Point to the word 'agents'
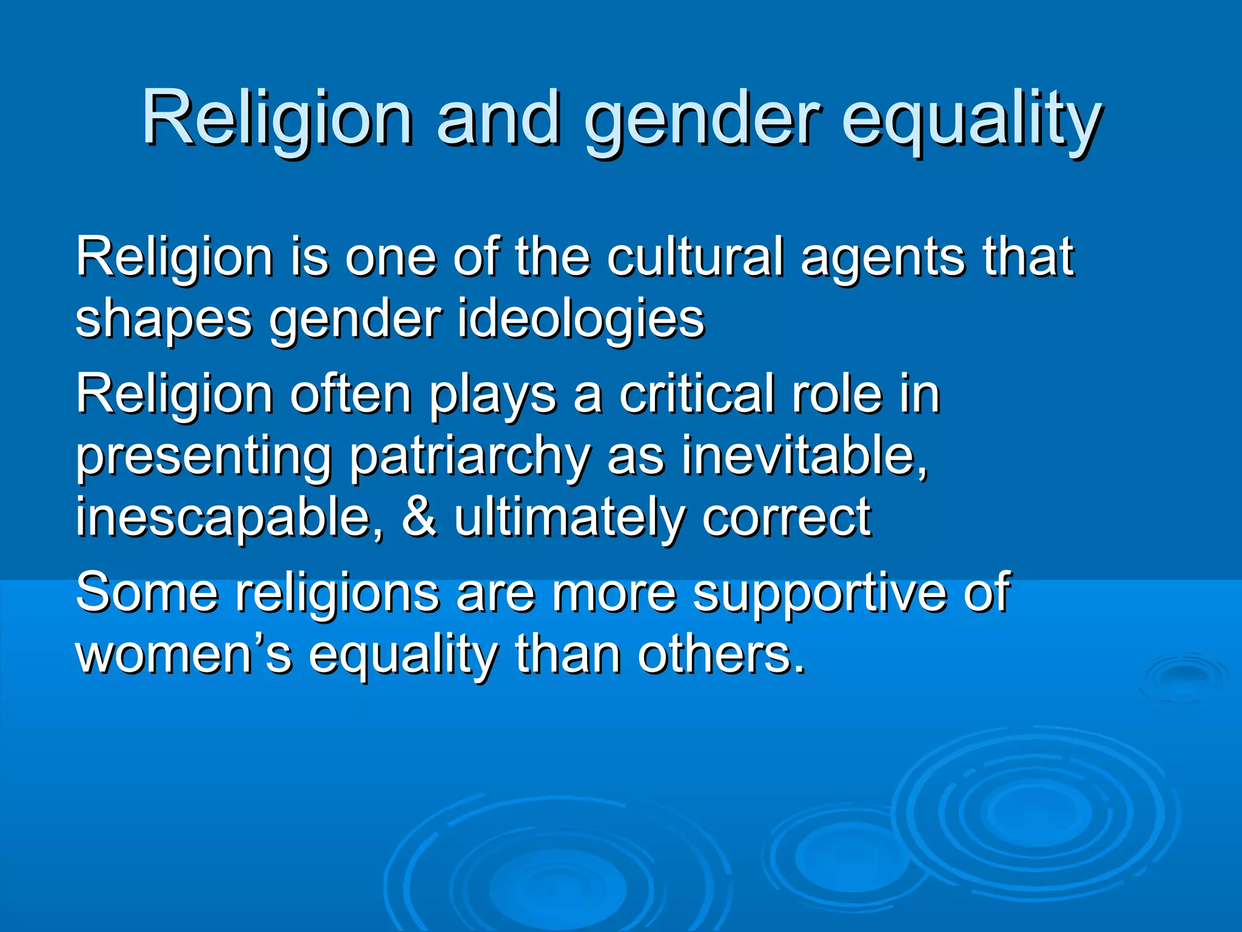click(882, 257)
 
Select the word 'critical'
click(697, 395)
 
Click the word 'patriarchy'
click(470, 457)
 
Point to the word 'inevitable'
click(804, 457)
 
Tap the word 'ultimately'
click(570, 519)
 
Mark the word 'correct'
click(787, 519)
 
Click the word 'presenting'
click(204, 457)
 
